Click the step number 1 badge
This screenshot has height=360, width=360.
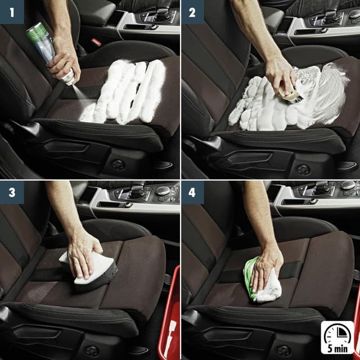12,12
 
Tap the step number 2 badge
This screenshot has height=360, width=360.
192,12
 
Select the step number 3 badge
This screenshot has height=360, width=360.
12,192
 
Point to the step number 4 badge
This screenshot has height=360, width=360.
192,192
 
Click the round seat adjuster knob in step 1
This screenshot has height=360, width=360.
118,164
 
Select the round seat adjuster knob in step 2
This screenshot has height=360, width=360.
303,169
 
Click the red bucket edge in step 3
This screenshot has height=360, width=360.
169,315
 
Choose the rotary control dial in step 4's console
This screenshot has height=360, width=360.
348,185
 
